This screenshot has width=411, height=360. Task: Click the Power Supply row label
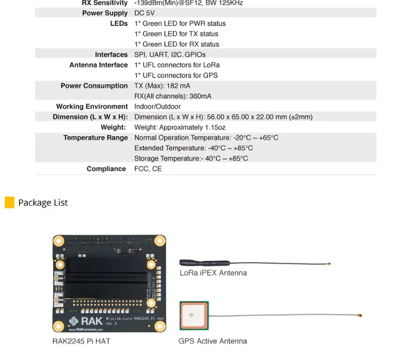tap(105, 13)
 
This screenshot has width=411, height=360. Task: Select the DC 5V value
tap(144, 13)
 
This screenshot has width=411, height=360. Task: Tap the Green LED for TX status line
tap(176, 34)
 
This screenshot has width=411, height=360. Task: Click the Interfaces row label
tap(111, 55)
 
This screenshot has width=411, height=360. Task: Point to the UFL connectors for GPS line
tap(176, 75)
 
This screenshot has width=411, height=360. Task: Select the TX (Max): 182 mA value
tap(162, 86)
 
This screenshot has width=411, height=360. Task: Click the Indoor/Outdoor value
tap(157, 106)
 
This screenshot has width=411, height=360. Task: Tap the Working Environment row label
tap(92, 106)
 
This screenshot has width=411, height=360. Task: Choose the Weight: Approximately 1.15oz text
tap(180, 127)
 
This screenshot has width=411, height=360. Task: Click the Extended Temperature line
tap(194, 148)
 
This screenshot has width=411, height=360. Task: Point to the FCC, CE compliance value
tap(148, 169)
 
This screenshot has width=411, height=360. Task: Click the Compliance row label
tap(106, 169)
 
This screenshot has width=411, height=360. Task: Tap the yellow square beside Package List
tap(10, 202)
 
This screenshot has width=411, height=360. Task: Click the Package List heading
tap(43, 203)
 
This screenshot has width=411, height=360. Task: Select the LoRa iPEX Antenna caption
tap(213, 273)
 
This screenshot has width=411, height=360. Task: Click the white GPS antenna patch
tap(194, 315)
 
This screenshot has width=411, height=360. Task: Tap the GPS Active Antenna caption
tap(213, 341)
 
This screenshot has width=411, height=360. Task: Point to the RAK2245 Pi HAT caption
tap(81, 341)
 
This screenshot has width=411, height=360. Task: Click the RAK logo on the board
tap(86, 321)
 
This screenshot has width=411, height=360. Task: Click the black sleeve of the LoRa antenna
tap(204, 263)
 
